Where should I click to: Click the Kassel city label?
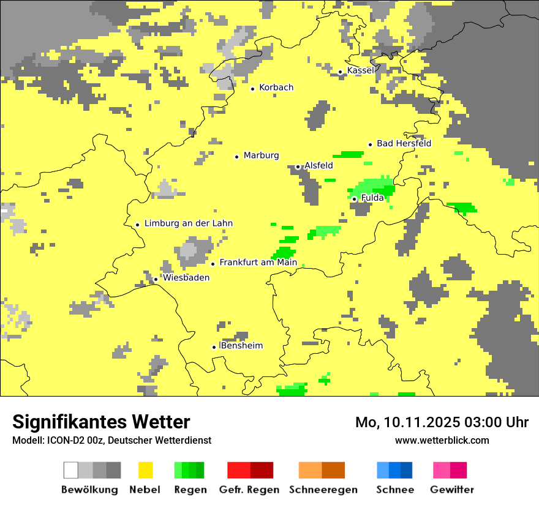click(360, 70)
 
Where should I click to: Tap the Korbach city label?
click(276, 88)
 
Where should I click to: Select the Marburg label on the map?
click(261, 155)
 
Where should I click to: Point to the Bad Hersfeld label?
click(404, 144)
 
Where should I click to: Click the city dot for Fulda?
click(354, 199)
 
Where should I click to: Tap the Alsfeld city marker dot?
click(298, 166)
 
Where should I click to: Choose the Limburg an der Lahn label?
click(188, 223)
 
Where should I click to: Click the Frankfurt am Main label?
click(258, 263)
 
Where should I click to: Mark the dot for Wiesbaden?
click(156, 279)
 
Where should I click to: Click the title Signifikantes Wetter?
click(101, 422)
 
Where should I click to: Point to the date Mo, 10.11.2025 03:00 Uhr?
click(442, 422)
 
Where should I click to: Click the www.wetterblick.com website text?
click(442, 440)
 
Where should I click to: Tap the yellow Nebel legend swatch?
click(145, 470)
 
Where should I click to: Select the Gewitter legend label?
click(451, 490)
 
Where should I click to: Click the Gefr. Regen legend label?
click(249, 490)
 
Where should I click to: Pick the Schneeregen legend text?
click(323, 490)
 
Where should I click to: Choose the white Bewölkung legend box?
click(70, 470)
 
